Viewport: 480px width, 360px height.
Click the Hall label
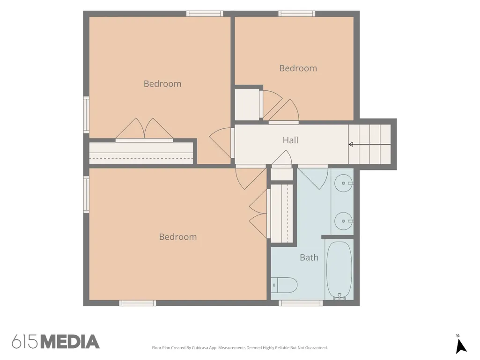tap(290, 140)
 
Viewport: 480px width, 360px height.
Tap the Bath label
tap(309, 257)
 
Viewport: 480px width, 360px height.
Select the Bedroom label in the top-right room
tap(298, 68)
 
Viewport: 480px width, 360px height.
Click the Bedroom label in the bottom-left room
tap(178, 236)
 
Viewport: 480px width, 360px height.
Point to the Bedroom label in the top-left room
tap(162, 84)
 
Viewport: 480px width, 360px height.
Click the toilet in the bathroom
tap(284, 285)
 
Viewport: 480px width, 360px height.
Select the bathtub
tap(339, 270)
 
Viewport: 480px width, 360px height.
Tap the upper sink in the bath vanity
tap(343, 184)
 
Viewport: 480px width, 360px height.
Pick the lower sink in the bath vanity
tap(343, 221)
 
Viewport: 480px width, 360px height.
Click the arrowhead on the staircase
tap(351, 144)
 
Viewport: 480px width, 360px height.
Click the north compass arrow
tap(461, 346)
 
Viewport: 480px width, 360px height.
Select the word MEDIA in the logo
tap(70, 342)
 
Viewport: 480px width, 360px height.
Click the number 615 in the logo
tap(25, 342)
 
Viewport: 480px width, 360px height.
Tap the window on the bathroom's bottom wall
tap(301, 303)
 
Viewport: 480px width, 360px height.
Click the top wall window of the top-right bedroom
tap(296, 14)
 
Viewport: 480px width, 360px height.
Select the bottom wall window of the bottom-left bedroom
tap(138, 303)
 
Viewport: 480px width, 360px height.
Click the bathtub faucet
tap(339, 296)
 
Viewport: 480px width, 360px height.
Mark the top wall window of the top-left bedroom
tap(205, 14)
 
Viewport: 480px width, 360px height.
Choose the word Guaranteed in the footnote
tap(318, 348)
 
